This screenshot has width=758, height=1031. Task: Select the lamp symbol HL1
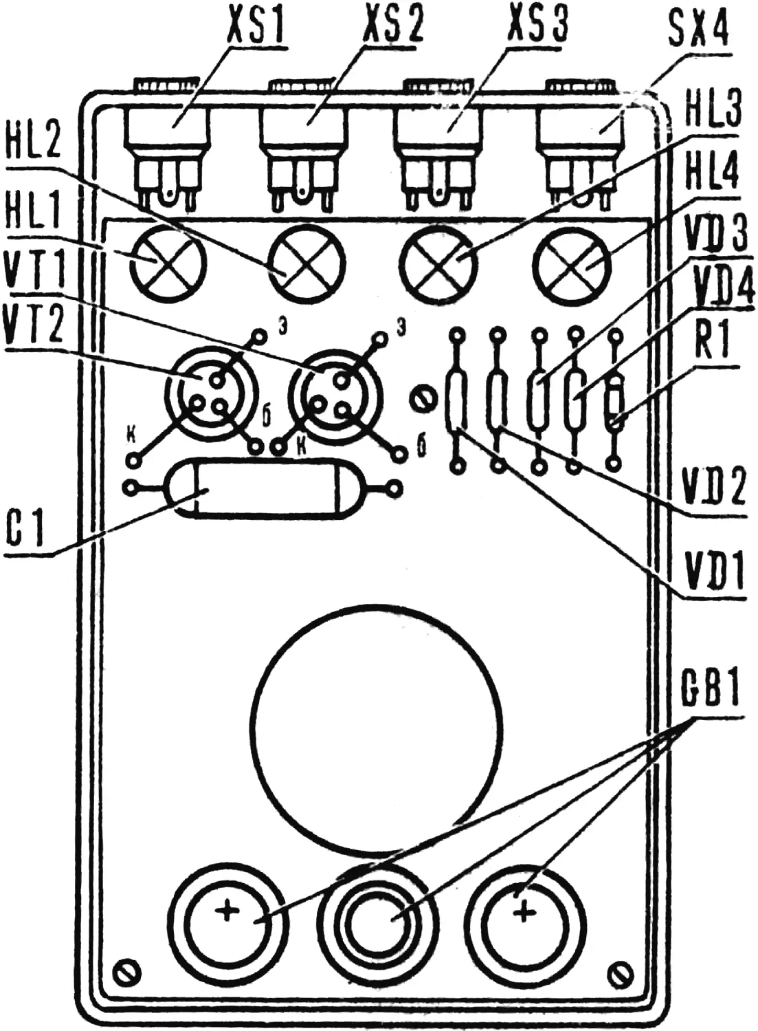tap(168, 263)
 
